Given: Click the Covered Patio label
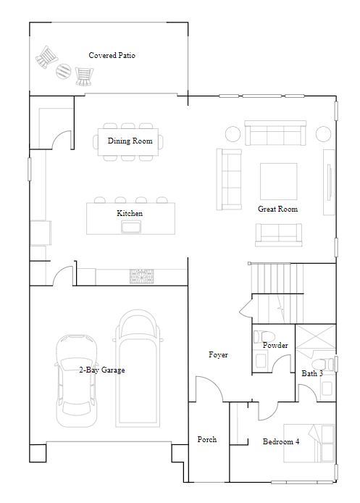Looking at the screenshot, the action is (112, 55).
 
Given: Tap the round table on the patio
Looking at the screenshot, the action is (64, 71).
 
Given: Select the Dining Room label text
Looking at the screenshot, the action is (130, 141).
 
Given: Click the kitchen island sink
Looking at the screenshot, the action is (131, 226).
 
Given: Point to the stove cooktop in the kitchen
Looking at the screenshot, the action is (142, 276).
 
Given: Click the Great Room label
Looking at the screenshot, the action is (277, 209).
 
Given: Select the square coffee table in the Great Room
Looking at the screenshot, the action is (279, 181).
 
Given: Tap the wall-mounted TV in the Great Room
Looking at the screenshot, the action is (330, 182).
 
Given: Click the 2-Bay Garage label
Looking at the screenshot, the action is (102, 370).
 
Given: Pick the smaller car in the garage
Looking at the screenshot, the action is (76, 381).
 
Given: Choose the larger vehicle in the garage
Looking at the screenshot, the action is (138, 368).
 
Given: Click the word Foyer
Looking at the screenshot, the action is (218, 354).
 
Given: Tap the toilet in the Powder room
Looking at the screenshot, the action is (264, 336).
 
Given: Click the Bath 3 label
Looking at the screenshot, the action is (312, 373).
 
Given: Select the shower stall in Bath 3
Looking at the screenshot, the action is (315, 336).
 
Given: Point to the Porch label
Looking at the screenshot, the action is (206, 439).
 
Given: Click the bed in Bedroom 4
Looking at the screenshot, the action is (309, 443).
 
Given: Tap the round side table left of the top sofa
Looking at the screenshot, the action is (233, 134).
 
